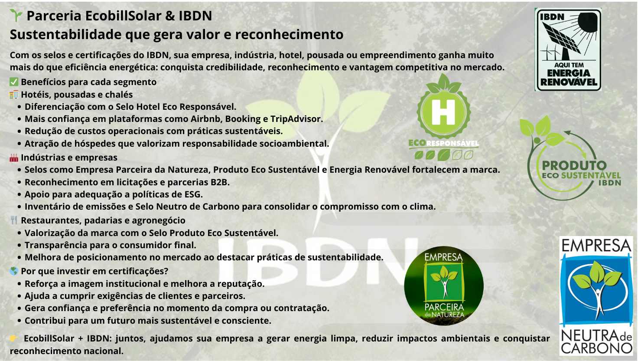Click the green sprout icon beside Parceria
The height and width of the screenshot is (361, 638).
(16, 15)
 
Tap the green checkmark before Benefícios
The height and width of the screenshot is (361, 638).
(14, 82)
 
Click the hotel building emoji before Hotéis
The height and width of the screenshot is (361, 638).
(14, 95)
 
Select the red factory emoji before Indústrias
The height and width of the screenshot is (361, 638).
(14, 158)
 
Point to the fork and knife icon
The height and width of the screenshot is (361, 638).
(14, 220)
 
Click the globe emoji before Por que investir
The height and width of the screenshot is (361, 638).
(14, 271)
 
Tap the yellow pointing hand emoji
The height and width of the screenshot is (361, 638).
(14, 338)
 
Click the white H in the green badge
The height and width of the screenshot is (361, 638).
(443, 112)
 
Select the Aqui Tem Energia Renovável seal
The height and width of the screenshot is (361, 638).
(568, 49)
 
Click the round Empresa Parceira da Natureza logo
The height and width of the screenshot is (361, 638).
(444, 286)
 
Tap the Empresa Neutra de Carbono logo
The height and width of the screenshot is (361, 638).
(596, 296)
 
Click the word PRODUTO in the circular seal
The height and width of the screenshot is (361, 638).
(574, 165)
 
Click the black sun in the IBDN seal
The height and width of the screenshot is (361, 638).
(587, 22)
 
